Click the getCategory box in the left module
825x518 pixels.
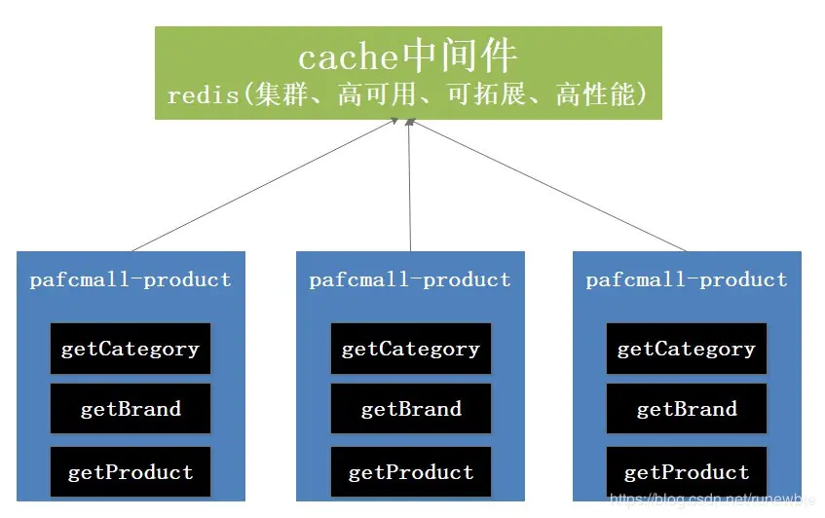(131, 349)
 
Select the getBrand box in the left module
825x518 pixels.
(131, 409)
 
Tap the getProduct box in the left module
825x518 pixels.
(131, 472)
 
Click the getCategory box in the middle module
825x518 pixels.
(410, 349)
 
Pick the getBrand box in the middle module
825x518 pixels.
(410, 409)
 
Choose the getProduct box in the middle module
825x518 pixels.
(410, 472)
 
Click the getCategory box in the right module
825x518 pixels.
(686, 349)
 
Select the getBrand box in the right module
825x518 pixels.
(686, 409)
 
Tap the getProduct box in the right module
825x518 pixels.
(686, 472)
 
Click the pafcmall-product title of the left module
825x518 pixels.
(131, 280)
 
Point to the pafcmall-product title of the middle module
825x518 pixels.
(410, 280)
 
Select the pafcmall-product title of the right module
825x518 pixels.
(686, 280)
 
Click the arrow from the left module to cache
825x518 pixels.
(263, 185)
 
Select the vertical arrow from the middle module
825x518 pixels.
(410, 185)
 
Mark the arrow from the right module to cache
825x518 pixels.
(550, 185)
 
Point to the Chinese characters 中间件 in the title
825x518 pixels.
(459, 57)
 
